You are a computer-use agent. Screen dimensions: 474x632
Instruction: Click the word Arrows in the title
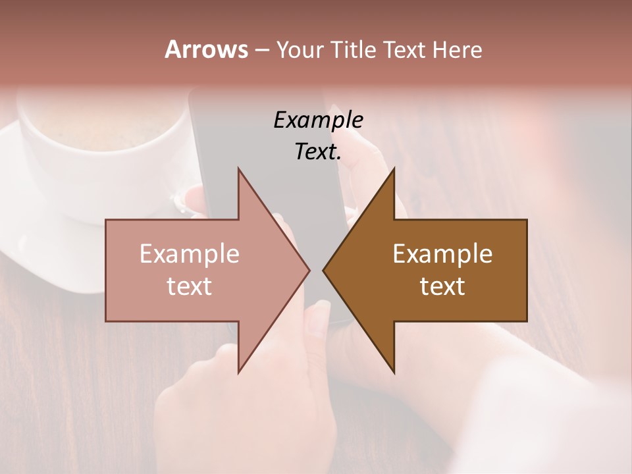tap(206, 49)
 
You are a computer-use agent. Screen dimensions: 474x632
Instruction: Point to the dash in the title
tap(261, 50)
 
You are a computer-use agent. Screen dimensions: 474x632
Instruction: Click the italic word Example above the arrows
tap(318, 120)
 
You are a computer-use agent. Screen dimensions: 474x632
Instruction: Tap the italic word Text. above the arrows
tap(318, 152)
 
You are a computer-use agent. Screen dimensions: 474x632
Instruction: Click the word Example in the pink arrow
tap(190, 253)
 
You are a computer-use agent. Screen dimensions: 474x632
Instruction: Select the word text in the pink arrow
tap(190, 286)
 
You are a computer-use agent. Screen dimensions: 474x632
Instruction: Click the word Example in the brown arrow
tap(442, 253)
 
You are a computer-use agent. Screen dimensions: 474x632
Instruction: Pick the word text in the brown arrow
tap(442, 286)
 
